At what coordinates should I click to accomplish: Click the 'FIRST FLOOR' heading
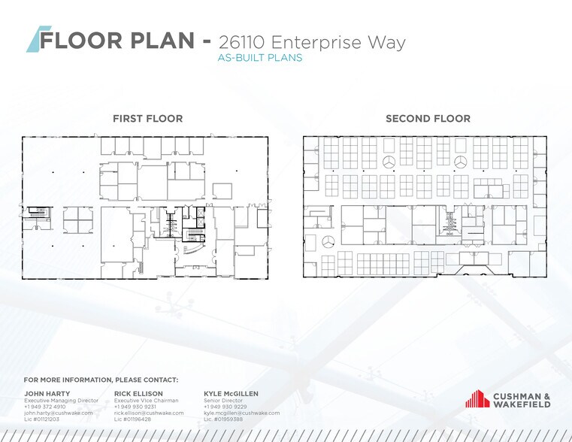147,119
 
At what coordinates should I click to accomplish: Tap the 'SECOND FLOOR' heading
428,119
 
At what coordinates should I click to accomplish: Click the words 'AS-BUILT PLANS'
259,58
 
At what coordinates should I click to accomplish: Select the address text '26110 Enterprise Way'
311,41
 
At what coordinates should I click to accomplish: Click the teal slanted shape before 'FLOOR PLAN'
34,39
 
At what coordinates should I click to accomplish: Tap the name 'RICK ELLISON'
137,393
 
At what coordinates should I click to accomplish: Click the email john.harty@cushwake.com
58,413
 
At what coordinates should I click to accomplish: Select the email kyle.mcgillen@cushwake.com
241,413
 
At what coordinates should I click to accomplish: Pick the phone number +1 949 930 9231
135,407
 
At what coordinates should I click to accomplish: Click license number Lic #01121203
41,419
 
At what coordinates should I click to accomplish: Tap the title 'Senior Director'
222,401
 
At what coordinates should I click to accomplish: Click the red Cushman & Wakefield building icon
477,399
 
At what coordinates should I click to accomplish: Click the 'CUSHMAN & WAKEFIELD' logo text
521,400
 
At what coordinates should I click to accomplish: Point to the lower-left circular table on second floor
328,241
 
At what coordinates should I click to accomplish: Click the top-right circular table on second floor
461,162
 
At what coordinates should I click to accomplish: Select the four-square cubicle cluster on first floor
77,219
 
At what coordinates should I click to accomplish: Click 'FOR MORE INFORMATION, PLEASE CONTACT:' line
101,380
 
